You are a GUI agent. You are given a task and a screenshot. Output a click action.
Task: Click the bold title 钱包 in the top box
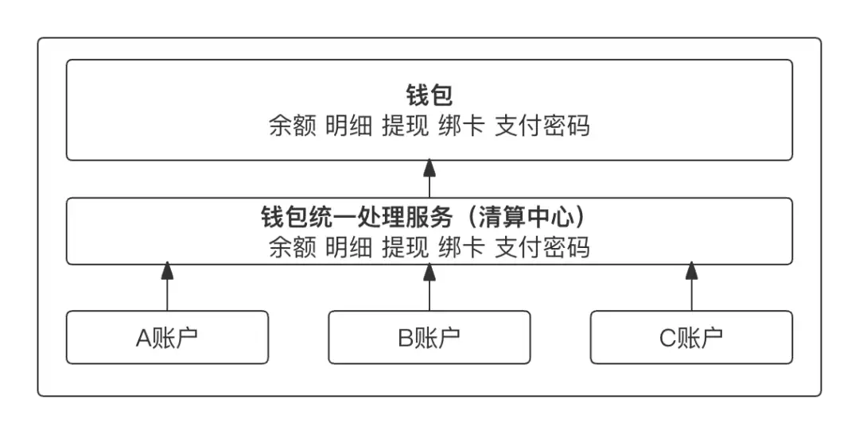point(429,95)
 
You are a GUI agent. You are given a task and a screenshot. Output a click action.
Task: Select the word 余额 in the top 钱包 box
point(293,126)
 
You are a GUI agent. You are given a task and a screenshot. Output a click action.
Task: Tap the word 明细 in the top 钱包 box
point(349,126)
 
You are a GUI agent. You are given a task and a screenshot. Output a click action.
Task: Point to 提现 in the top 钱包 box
point(406,126)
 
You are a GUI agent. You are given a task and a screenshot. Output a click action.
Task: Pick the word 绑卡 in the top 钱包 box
point(462,126)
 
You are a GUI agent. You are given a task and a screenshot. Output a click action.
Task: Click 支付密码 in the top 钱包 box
point(542,126)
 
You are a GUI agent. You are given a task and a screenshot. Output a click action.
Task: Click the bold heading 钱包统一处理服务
point(356,217)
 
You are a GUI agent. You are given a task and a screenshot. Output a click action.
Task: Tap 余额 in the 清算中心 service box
point(293,247)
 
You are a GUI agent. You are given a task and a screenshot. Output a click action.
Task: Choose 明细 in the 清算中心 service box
point(349,247)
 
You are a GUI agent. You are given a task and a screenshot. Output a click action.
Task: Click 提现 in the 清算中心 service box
point(406,247)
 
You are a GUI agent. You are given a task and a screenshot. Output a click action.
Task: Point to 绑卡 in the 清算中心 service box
point(462,247)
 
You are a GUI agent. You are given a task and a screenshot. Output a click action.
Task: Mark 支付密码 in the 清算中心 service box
point(542,247)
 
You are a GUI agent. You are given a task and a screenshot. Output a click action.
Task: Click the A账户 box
point(167,337)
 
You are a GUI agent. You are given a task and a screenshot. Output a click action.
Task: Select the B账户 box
point(429,337)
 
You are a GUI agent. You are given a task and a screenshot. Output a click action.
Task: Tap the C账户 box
point(691,337)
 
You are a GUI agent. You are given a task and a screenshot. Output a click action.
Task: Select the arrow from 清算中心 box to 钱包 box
point(429,178)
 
